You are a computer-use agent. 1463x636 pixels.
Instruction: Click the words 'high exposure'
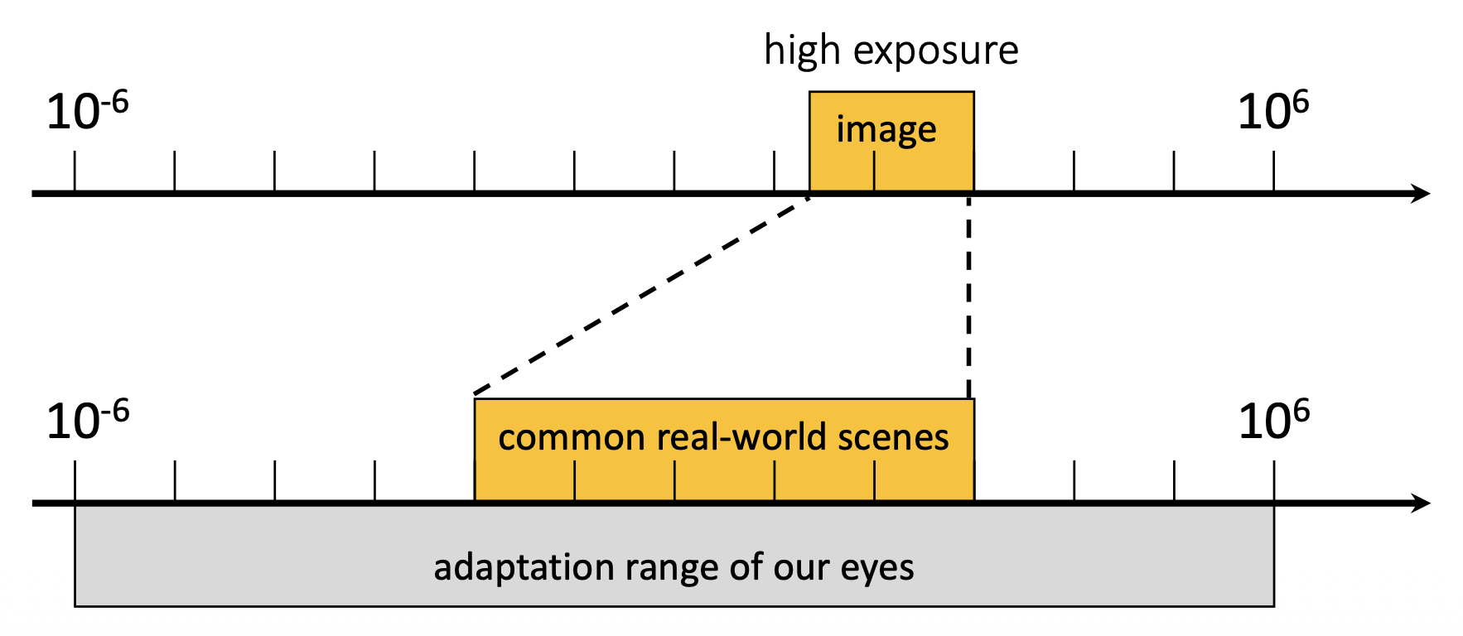pos(891,51)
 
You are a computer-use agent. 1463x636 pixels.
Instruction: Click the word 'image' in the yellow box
pos(886,130)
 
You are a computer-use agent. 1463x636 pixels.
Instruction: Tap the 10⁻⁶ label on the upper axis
pos(87,112)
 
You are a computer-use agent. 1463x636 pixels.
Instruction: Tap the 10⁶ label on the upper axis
pos(1272,112)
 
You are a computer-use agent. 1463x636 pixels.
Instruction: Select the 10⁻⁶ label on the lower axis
pos(87,421)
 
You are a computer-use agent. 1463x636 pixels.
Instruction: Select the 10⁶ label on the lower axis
pos(1273,421)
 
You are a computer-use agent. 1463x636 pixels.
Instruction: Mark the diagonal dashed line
pos(640,295)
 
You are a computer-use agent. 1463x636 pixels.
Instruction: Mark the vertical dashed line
pos(968,295)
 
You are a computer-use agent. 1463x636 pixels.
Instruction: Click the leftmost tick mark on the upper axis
pos(75,171)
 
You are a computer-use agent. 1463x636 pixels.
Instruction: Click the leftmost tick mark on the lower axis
pos(75,481)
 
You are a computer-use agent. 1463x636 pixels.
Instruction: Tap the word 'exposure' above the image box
pos(935,51)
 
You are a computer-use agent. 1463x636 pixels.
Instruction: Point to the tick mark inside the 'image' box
pos(874,172)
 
